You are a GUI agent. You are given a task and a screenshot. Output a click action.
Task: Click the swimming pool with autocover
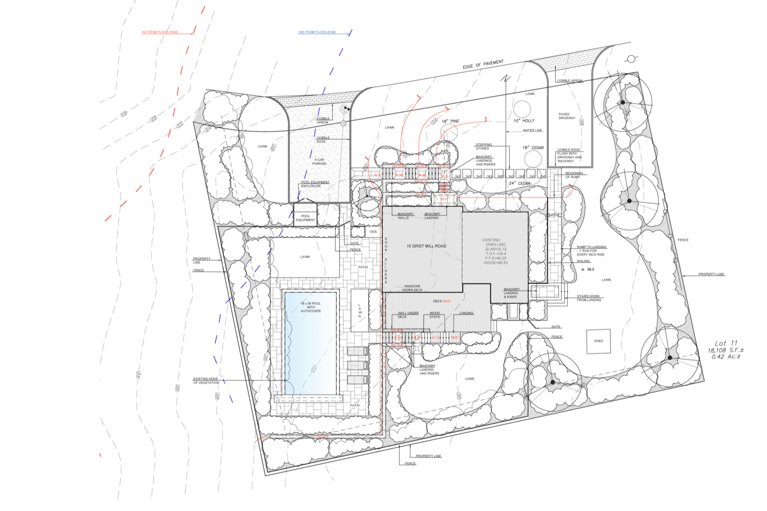coord(310,343)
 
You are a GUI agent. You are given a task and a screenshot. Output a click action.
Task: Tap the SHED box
coord(598,341)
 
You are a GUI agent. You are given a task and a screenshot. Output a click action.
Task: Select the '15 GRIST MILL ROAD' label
coord(426,246)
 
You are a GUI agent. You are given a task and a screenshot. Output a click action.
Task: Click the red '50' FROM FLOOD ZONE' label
coord(160,32)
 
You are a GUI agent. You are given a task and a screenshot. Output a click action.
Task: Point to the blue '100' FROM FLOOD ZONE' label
coord(317,32)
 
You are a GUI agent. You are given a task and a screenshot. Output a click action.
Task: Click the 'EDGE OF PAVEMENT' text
coord(483,65)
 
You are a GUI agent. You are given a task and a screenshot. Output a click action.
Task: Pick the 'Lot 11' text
coord(726,343)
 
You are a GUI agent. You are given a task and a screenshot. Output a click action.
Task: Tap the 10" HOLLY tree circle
coord(522,109)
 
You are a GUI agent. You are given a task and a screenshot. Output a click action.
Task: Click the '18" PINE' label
coord(450,121)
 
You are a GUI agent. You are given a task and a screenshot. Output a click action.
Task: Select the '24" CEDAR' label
coord(520,183)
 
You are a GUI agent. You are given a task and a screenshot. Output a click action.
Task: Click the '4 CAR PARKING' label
coord(319,162)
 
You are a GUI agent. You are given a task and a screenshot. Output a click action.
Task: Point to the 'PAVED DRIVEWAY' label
coord(567,116)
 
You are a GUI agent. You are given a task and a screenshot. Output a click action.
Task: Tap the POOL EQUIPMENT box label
coord(305,218)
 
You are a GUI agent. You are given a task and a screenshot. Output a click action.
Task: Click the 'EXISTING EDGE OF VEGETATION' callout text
coord(206,381)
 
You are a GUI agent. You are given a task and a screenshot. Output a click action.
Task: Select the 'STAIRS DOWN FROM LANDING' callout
coord(589,298)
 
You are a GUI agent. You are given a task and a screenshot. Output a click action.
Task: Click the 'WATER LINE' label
coord(532,130)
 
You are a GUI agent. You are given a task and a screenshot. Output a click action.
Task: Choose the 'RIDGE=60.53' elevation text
coord(495,263)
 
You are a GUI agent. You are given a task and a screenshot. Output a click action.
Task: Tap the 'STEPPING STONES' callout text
coord(483,147)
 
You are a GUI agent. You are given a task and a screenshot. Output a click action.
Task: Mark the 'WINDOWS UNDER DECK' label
coord(412,288)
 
